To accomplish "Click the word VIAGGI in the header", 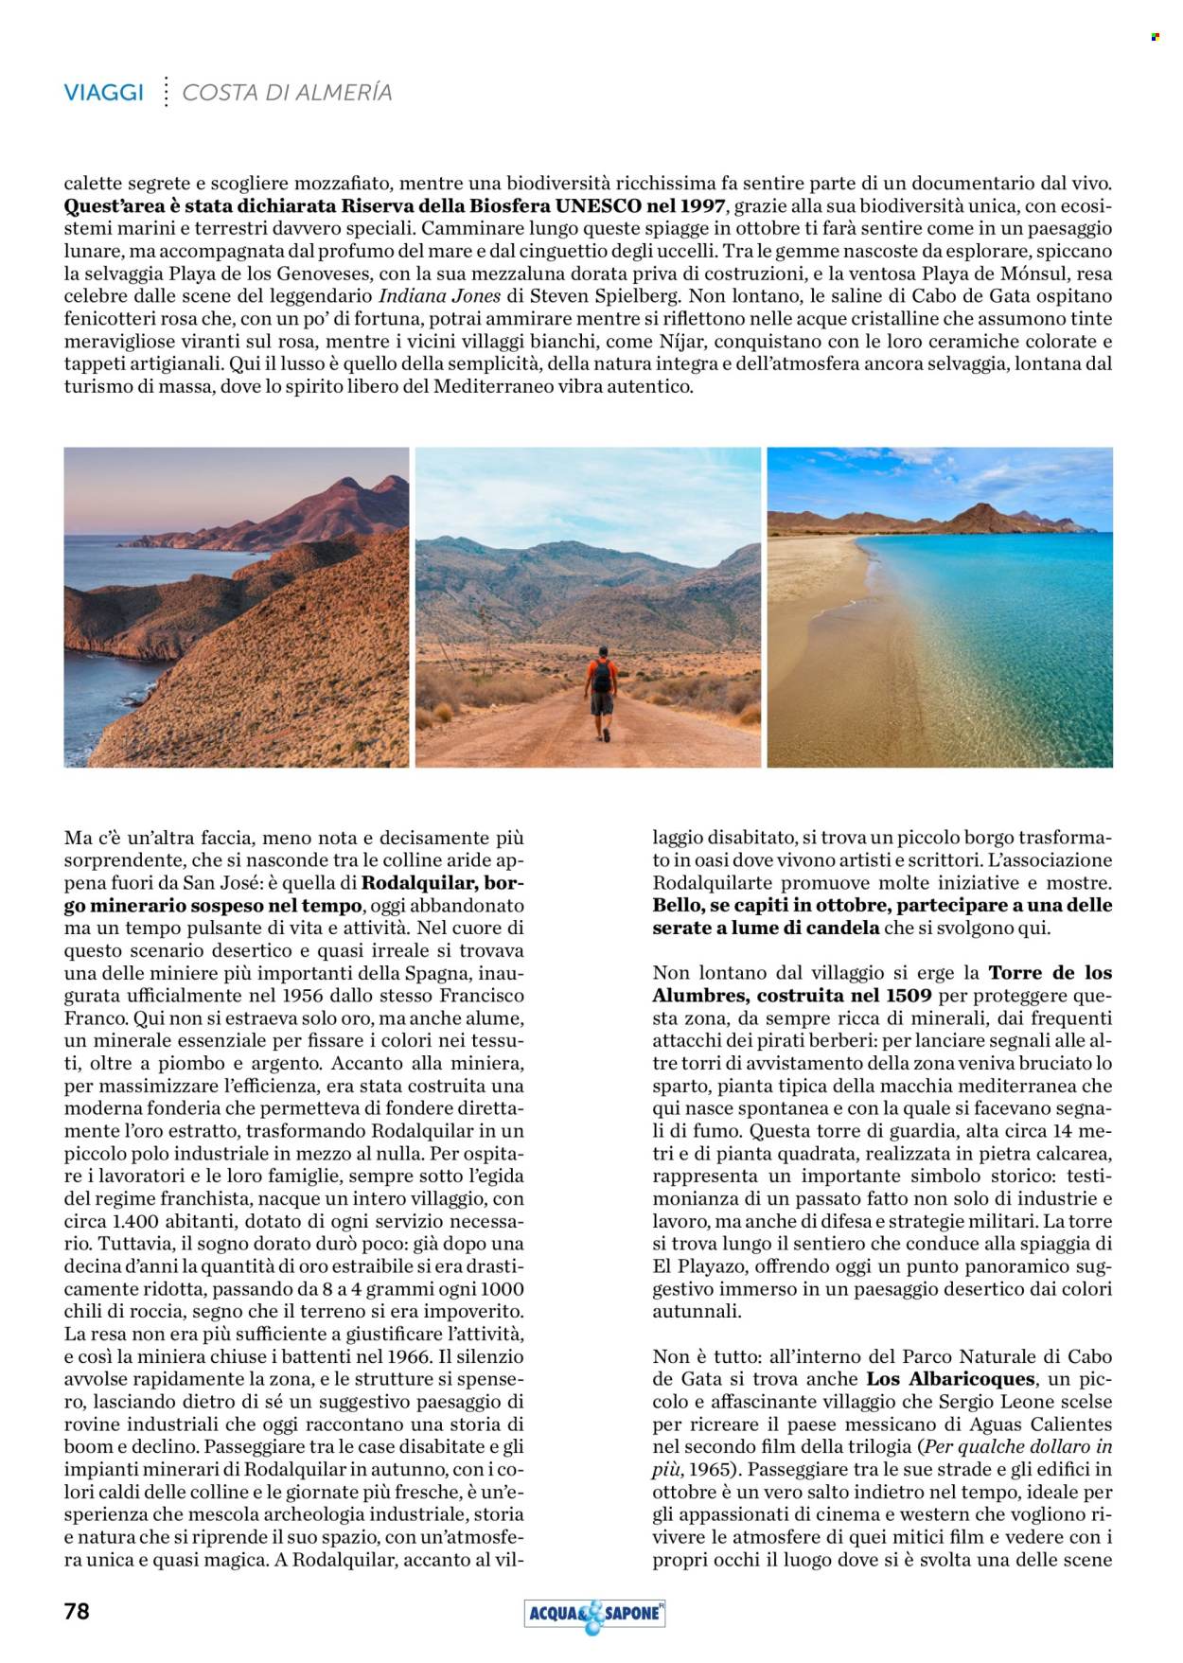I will click(x=104, y=93).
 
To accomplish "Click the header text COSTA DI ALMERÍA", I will click(x=287, y=93).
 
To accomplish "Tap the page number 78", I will click(x=77, y=1610).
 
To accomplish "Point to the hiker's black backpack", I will click(x=601, y=676).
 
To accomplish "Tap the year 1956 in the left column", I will click(x=302, y=996).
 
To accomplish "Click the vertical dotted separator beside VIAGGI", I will click(x=166, y=92).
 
